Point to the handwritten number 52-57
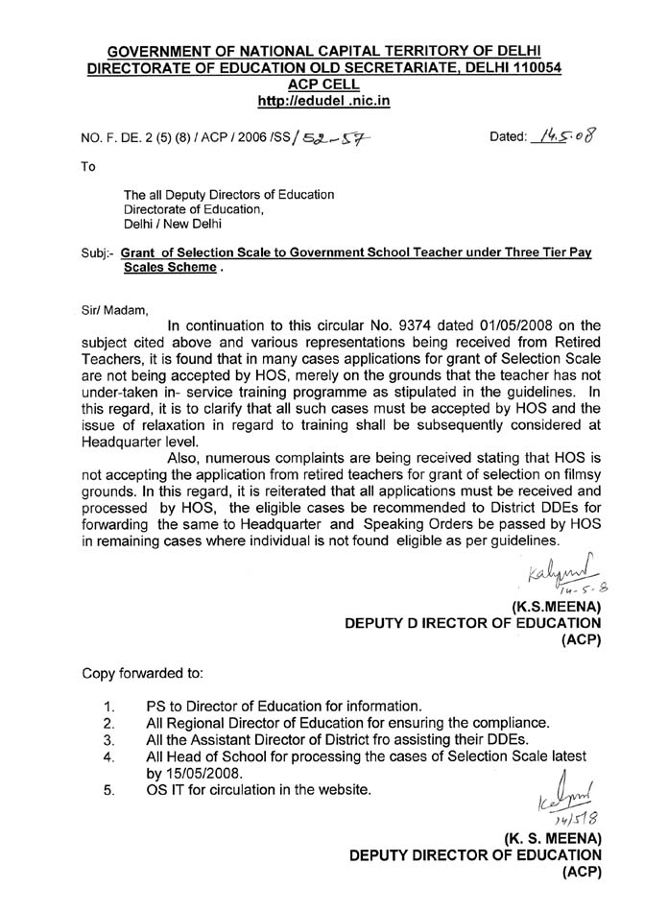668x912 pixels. coord(330,140)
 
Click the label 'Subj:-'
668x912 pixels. coord(98,252)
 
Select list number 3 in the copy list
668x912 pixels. coord(108,740)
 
